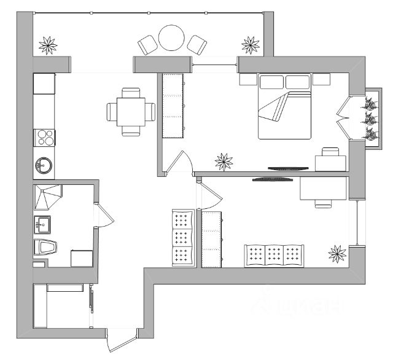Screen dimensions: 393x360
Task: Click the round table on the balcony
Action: [171, 38]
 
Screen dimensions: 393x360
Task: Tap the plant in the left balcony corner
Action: [49, 44]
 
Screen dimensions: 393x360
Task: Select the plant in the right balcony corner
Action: [250, 44]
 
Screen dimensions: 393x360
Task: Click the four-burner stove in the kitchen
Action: [45, 137]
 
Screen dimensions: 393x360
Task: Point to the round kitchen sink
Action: [44, 165]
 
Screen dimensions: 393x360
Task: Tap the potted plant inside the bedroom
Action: [224, 161]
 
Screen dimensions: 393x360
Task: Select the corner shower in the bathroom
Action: [46, 197]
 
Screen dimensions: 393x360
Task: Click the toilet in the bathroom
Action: [45, 247]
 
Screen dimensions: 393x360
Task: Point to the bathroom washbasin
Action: [42, 225]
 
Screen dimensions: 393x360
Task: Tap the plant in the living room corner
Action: [337, 252]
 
